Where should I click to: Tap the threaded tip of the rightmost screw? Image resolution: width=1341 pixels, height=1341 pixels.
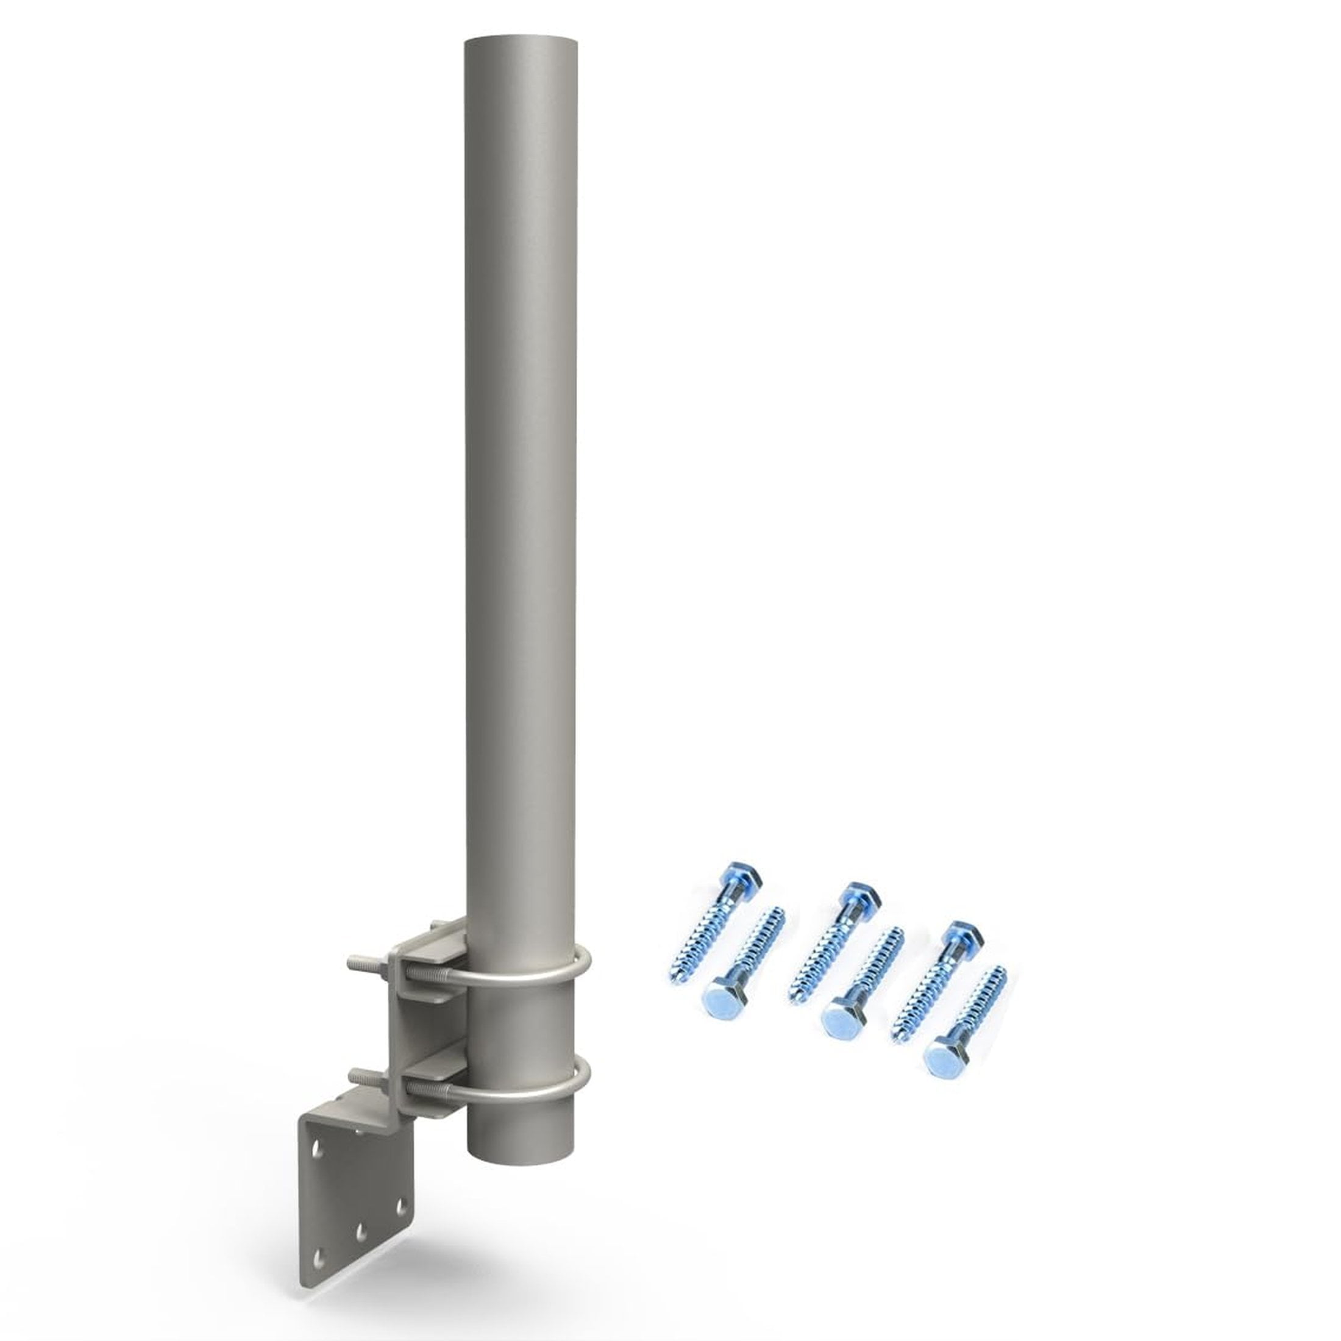coord(1003,969)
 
